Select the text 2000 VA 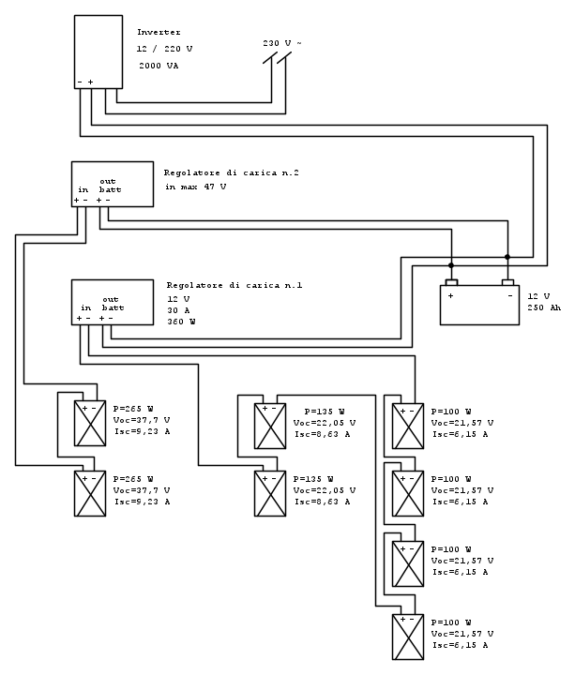[159, 67]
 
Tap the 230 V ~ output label [281, 44]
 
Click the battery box [479, 306]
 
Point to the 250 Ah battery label [546, 307]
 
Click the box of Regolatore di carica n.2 [113, 183]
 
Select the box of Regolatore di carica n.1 [113, 302]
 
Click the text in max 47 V [196, 187]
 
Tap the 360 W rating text [181, 322]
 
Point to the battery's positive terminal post [451, 282]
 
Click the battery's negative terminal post [507, 282]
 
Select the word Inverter [159, 33]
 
